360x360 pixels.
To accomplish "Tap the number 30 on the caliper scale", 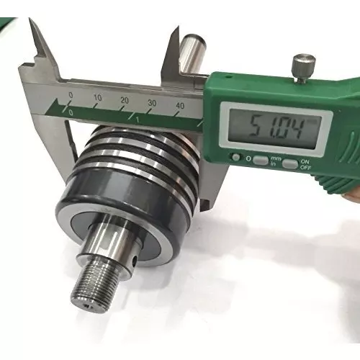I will [152, 103].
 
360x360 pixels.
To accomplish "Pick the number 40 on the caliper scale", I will [179, 106].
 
